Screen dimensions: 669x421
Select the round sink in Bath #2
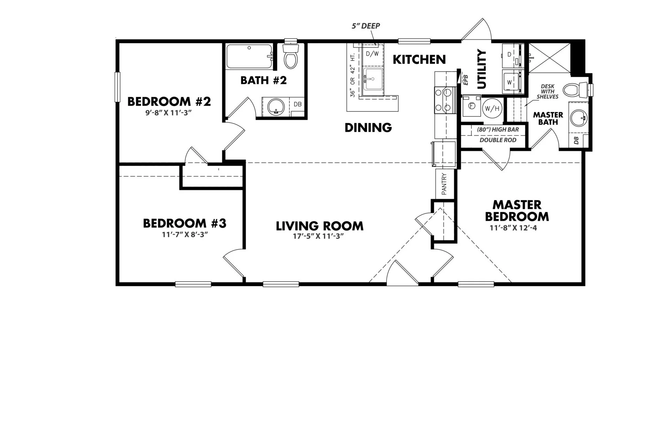point(276,107)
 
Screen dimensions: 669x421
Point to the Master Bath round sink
point(579,118)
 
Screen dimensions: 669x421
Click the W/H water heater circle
point(492,108)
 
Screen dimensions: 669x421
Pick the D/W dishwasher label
point(372,54)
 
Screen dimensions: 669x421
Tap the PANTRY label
point(444,184)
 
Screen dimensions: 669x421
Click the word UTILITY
point(481,69)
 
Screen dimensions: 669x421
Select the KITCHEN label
point(419,60)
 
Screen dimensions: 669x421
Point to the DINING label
point(368,128)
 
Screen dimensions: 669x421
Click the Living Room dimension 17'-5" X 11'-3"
point(318,236)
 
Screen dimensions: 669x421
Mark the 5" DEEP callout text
point(366,26)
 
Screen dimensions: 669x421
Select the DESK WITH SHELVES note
point(547,91)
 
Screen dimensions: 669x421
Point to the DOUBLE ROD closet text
point(498,140)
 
